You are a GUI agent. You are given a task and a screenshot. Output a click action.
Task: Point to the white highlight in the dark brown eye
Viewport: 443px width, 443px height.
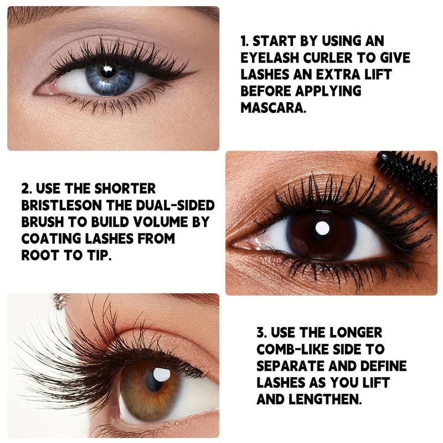pyautogui.click(x=322, y=228)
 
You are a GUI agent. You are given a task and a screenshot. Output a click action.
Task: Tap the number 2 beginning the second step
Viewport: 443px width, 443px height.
pyautogui.click(x=24, y=189)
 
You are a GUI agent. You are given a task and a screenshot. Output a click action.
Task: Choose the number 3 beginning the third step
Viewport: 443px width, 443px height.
pyautogui.click(x=260, y=332)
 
